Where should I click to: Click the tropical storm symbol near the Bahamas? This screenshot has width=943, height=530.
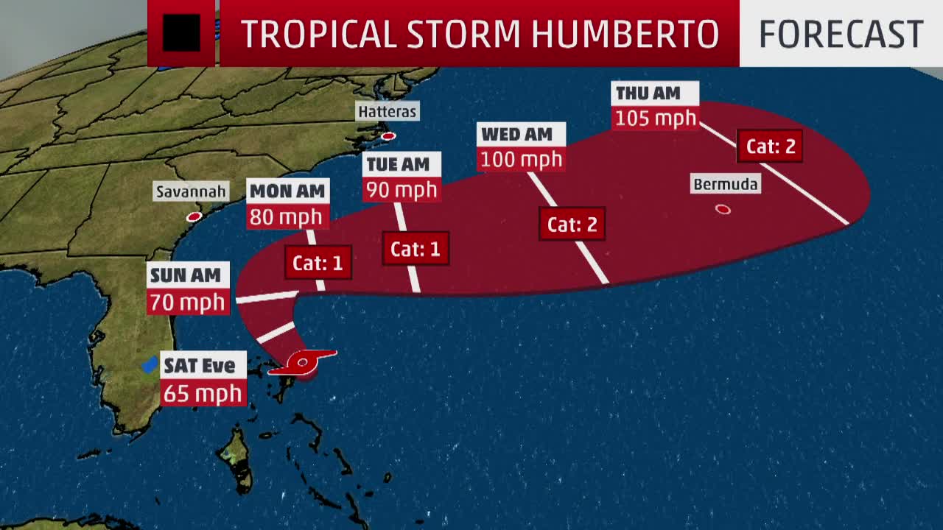point(302,362)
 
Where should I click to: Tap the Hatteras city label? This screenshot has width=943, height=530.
point(387,112)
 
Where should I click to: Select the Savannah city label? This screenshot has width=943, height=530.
point(191,192)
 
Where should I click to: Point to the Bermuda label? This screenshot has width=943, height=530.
point(726,184)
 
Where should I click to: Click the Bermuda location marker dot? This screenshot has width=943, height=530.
point(723,210)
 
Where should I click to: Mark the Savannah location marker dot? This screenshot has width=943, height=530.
point(194,217)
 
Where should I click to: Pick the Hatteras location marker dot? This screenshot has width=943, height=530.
point(388,136)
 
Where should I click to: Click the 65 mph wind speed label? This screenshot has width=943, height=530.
point(203,392)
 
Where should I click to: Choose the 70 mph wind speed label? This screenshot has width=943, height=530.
point(186,302)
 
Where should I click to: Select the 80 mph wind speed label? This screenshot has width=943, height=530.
point(286,217)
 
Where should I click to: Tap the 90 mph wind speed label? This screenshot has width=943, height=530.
point(402,189)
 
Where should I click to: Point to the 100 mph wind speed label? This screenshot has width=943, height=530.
point(522,159)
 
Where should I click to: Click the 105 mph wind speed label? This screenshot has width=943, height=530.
point(655,118)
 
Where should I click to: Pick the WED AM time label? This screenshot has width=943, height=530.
point(516,134)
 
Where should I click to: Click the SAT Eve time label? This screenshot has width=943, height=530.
point(199,365)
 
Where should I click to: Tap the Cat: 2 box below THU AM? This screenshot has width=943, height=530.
point(771,146)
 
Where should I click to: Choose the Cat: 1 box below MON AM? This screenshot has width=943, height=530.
point(318,264)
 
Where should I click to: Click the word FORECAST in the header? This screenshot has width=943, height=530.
point(841,34)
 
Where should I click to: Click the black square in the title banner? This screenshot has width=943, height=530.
point(181,34)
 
